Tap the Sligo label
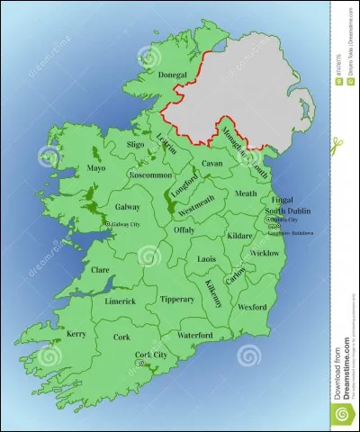135,144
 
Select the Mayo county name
96,167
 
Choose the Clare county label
102,268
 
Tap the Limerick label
119,301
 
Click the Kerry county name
76,334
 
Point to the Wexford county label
252,307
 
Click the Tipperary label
176,299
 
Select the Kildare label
240,235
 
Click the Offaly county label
184,230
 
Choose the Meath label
246,193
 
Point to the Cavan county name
211,164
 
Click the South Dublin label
286,211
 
